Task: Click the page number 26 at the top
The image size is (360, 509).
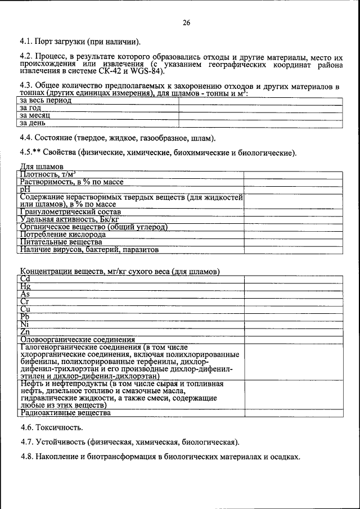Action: point(186,23)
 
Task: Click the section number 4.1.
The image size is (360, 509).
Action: point(26,42)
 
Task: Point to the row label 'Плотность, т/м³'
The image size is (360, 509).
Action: point(48,174)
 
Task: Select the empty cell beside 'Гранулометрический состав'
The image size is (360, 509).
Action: point(292,212)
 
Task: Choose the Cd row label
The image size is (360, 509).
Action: point(25,279)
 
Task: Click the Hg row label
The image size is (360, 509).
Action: point(25,286)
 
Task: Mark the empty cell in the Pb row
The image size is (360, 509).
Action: point(292,316)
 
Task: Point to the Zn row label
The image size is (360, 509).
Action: point(25,332)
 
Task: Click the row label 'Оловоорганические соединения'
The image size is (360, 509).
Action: point(78,339)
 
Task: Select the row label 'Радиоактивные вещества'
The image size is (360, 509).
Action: point(65,413)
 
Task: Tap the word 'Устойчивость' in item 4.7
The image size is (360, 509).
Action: point(63,442)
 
